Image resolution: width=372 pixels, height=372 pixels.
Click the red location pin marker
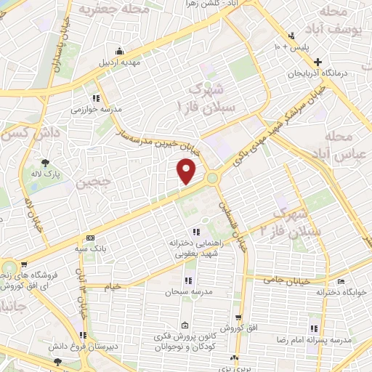pyautogui.click(x=187, y=171)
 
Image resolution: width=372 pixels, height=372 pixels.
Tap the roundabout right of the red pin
pyautogui.click(x=212, y=177)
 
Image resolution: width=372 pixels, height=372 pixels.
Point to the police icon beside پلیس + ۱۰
pyautogui.click(x=291, y=36)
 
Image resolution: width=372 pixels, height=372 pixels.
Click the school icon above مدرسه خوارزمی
pyautogui.click(x=95, y=98)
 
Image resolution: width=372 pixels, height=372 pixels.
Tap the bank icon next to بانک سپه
pyautogui.click(x=89, y=238)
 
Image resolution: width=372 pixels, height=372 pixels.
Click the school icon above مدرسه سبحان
pyautogui.click(x=188, y=280)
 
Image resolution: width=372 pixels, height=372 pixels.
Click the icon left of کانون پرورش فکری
pyautogui.click(x=185, y=325)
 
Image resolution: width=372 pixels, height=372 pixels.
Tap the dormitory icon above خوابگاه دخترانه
pyautogui.click(x=341, y=281)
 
